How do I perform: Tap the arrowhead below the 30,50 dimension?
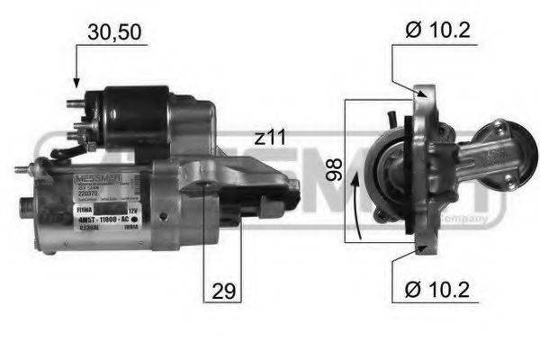(76, 83)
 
